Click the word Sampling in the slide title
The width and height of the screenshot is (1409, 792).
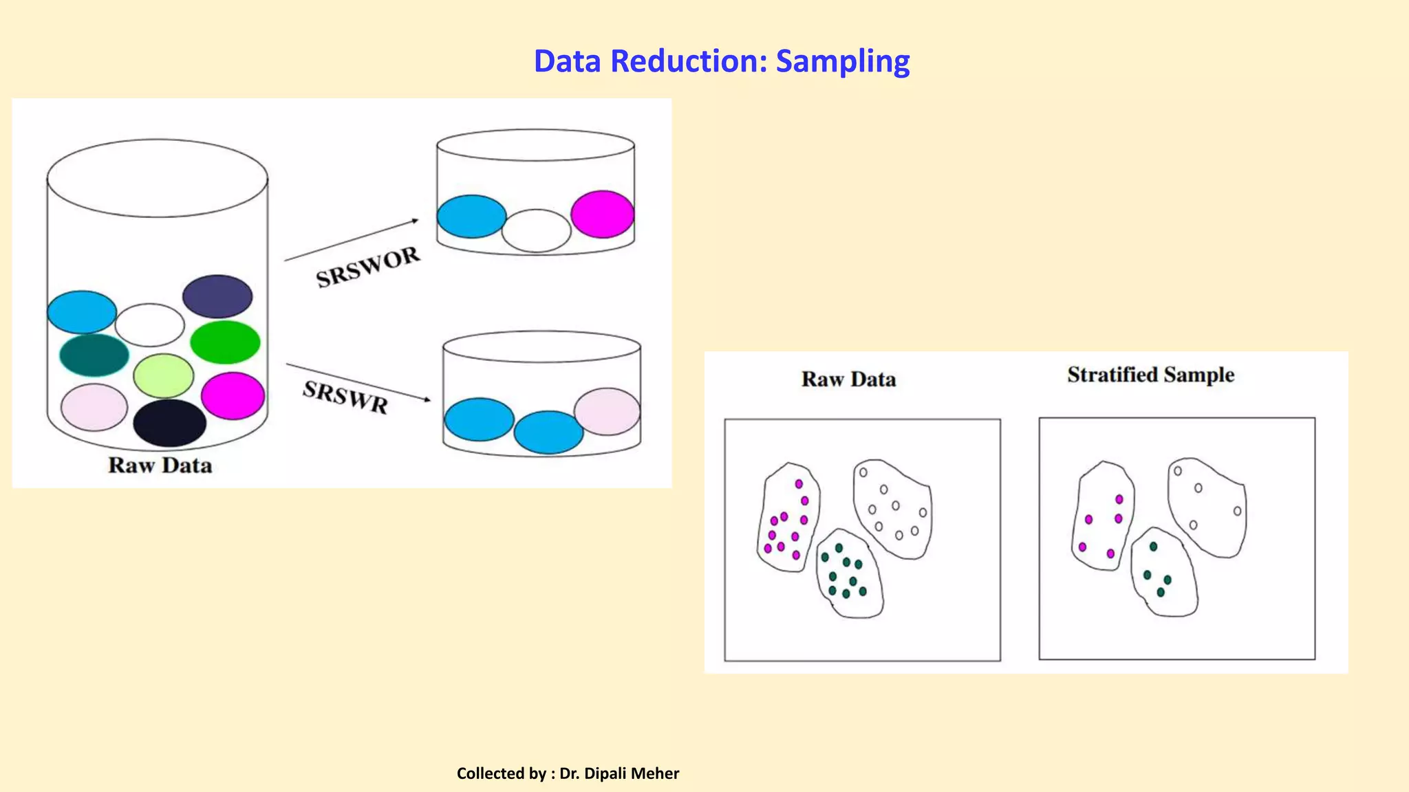click(843, 61)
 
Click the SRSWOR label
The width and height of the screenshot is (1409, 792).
click(368, 267)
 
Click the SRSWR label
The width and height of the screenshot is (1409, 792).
click(345, 397)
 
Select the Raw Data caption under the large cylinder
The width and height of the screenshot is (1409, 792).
click(160, 465)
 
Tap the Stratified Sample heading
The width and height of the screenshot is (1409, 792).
click(1150, 375)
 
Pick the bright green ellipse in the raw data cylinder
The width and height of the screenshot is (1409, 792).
click(225, 342)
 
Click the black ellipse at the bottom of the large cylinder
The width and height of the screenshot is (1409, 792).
click(169, 423)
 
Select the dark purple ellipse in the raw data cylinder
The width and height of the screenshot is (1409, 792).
click(217, 296)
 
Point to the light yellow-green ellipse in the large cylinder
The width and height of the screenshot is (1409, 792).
click(164, 375)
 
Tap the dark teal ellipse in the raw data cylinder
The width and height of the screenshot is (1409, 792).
click(94, 355)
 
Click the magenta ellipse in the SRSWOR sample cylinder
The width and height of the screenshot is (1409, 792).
click(603, 214)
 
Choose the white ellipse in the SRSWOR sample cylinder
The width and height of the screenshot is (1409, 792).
click(536, 231)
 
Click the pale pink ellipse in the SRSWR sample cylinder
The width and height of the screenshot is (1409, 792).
click(607, 411)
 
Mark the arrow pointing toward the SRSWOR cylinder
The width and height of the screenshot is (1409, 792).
click(351, 240)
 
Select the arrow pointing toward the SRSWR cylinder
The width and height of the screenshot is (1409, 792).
click(358, 382)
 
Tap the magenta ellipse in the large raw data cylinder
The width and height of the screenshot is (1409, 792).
click(233, 395)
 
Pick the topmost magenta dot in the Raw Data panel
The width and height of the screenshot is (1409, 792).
click(799, 484)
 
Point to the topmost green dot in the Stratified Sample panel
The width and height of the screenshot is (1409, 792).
click(1154, 547)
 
